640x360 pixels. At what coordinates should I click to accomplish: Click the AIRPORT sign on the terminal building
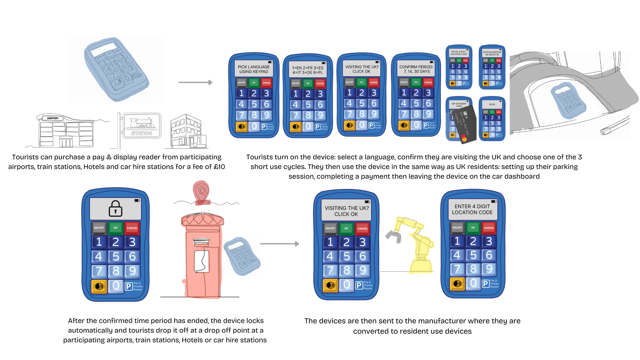(53, 118)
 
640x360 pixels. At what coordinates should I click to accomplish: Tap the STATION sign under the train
(142, 133)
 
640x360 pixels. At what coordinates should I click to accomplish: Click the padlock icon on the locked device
(115, 209)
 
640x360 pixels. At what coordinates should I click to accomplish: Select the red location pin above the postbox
(201, 191)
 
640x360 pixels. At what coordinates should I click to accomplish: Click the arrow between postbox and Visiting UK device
(279, 244)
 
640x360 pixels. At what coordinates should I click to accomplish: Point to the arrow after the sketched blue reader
(195, 82)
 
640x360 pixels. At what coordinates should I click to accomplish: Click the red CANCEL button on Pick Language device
(266, 83)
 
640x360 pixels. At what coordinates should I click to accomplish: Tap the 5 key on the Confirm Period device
(416, 103)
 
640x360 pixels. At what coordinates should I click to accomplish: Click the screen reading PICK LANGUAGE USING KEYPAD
(254, 69)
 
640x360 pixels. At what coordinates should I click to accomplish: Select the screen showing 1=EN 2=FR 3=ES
(308, 70)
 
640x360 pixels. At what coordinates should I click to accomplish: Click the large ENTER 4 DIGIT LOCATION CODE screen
(472, 209)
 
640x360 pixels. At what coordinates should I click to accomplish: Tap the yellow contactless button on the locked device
(99, 286)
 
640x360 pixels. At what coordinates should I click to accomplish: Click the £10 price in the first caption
(219, 167)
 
